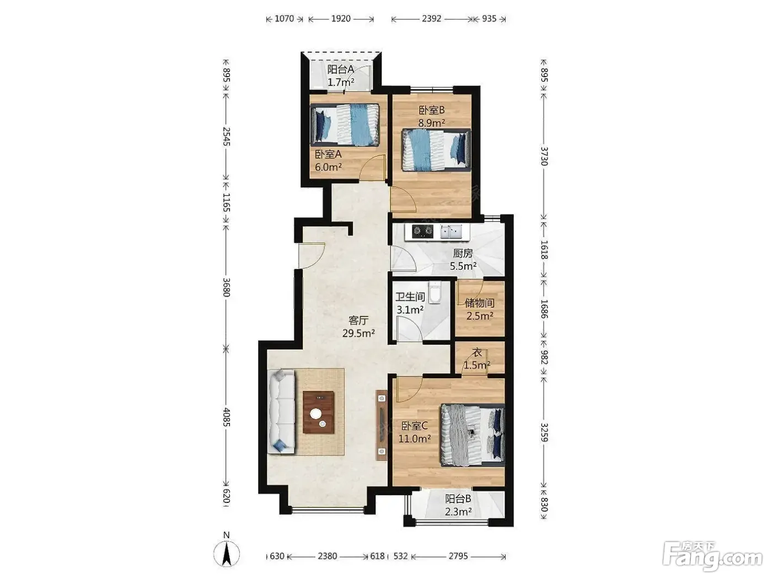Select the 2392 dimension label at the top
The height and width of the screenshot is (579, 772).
[431, 19]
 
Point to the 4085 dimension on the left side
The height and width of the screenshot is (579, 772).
[227, 417]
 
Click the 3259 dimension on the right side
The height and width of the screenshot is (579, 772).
[544, 432]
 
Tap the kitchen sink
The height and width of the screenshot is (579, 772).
[451, 232]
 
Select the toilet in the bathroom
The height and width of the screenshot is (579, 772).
[435, 292]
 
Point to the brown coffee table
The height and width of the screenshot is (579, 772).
[319, 412]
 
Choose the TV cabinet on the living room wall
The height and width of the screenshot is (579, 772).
[382, 425]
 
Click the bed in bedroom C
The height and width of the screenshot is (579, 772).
[473, 435]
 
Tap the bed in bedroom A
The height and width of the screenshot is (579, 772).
[345, 125]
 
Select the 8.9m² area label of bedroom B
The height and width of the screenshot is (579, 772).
[432, 123]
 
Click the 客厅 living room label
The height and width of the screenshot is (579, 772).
[358, 320]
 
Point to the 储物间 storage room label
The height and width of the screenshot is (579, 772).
[479, 303]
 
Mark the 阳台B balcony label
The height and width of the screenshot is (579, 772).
[458, 498]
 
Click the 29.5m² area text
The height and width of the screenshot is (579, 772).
[358, 333]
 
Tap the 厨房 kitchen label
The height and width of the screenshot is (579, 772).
[463, 253]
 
